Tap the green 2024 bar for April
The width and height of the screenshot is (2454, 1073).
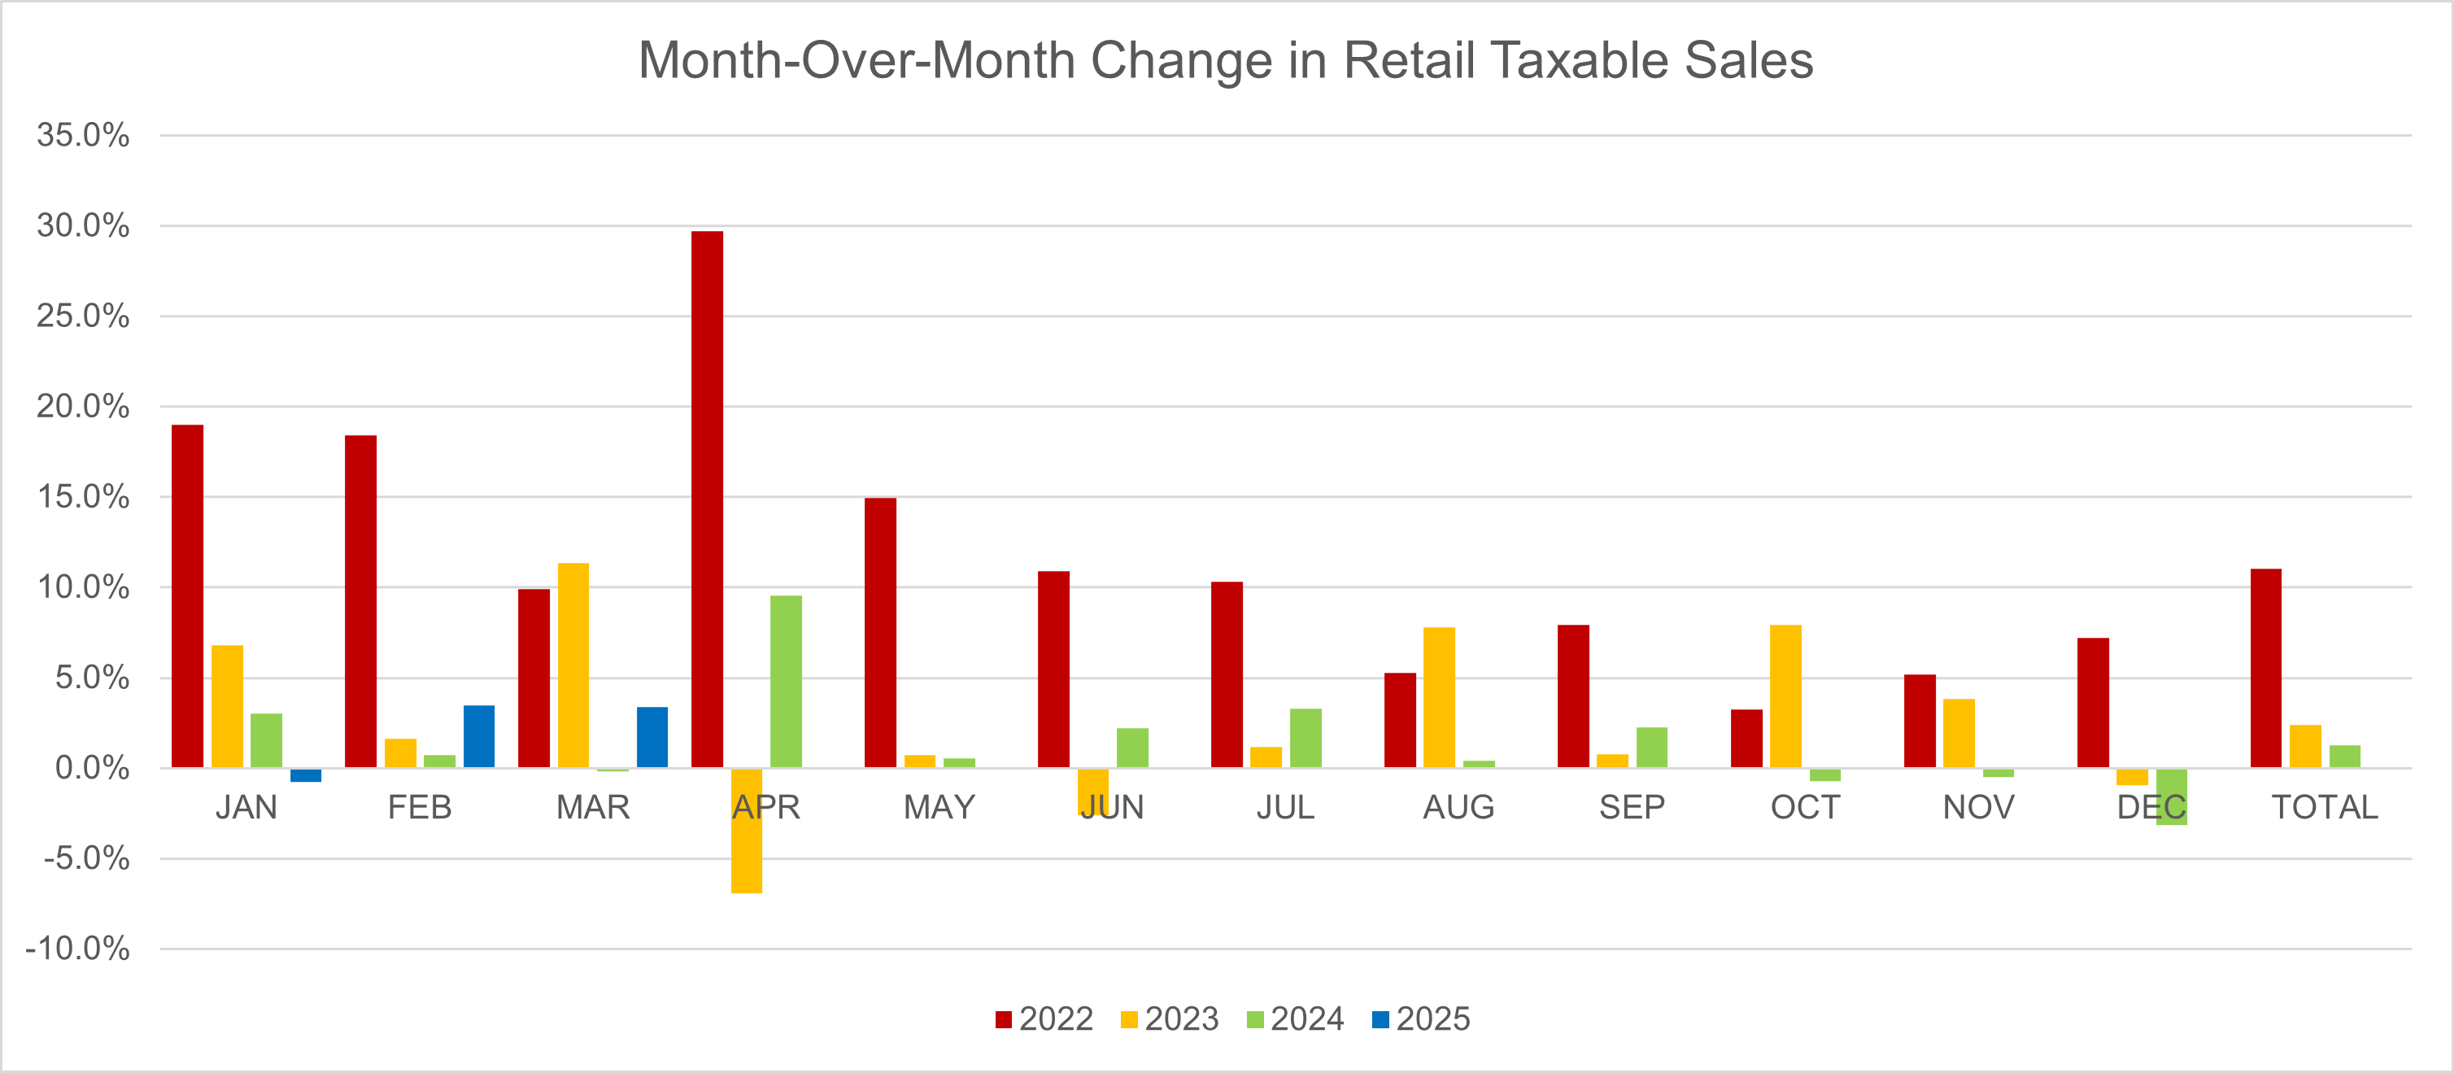click(x=786, y=682)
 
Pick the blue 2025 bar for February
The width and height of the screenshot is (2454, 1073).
click(x=479, y=735)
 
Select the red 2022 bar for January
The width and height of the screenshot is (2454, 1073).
click(x=188, y=595)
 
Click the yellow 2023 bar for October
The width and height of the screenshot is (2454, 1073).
click(x=1785, y=696)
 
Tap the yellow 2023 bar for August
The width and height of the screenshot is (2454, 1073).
click(x=1439, y=696)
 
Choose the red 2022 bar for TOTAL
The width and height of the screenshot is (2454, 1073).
click(x=2265, y=667)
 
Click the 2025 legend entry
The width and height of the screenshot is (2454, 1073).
click(x=1421, y=1018)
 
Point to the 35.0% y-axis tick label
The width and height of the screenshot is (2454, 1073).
click(x=83, y=135)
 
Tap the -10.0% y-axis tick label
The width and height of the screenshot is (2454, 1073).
click(x=78, y=949)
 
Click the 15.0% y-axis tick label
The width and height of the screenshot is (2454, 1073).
click(x=83, y=496)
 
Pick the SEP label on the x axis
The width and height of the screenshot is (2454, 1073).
click(x=1632, y=807)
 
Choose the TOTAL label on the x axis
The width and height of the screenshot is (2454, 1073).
click(x=2325, y=807)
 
